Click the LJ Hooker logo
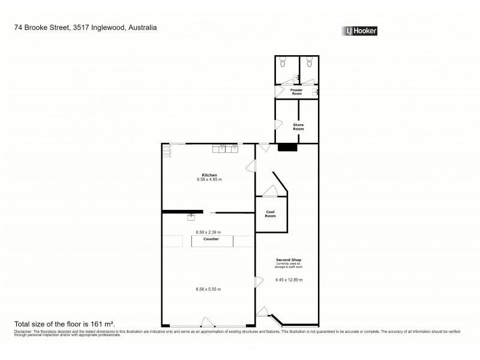tap(359, 31)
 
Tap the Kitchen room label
tap(209, 175)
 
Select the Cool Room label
tap(270, 214)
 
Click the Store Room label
tap(298, 127)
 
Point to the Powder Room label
tap(296, 91)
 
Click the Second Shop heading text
tap(289, 260)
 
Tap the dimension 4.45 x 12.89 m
tap(289, 280)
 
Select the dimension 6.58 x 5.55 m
tap(208, 289)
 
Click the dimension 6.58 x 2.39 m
tap(208, 232)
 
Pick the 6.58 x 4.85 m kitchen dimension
tap(209, 179)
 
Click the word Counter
tap(211, 239)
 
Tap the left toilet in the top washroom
tap(282, 61)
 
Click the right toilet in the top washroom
tap(309, 61)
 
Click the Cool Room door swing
tap(270, 192)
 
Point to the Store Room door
tap(278, 125)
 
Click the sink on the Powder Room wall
tap(316, 91)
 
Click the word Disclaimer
tap(22, 331)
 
